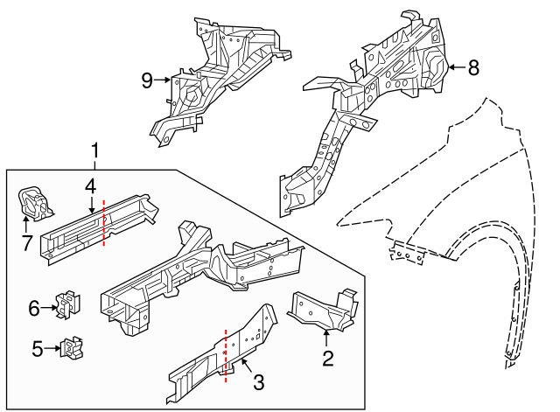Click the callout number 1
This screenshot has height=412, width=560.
[94, 150]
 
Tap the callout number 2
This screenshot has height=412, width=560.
[328, 359]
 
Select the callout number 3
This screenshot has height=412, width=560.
[258, 382]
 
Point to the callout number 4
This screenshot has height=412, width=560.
[91, 186]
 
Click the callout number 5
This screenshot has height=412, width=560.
[38, 349]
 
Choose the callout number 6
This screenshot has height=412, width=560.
[34, 308]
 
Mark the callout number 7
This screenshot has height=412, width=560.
[27, 243]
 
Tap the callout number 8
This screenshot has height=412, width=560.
[473, 67]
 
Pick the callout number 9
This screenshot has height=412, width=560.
[147, 80]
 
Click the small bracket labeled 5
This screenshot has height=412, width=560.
[72, 348]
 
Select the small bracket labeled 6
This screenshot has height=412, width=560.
[68, 305]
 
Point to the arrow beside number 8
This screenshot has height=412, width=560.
[457, 67]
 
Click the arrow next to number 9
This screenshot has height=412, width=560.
[163, 80]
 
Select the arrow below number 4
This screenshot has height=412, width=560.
[92, 206]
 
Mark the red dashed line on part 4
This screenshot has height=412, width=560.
[104, 223]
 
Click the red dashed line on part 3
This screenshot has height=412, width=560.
[226, 356]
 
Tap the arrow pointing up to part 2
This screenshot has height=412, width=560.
[325, 339]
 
